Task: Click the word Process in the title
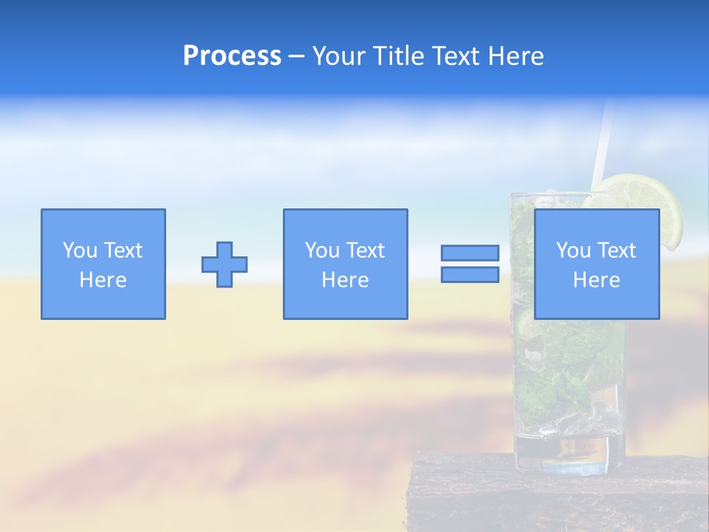coord(232,56)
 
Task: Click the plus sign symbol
coord(225,265)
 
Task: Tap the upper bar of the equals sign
coord(470,253)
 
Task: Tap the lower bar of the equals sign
coord(470,275)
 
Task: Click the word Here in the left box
coord(103,280)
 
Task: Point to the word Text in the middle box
coord(366,250)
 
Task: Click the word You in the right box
coord(572,250)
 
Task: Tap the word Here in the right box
coord(596,280)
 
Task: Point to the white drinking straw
coord(603,140)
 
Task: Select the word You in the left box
coord(79,250)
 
